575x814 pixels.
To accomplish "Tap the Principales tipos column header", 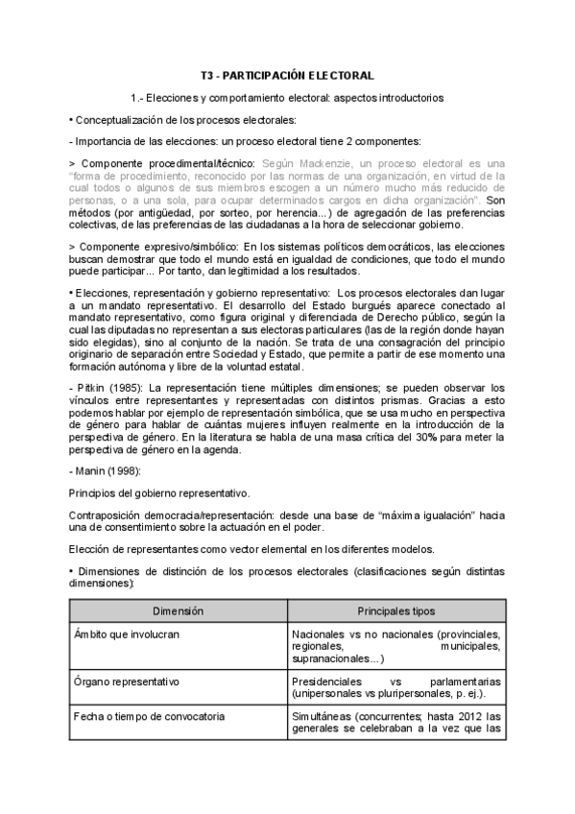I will (x=395, y=610).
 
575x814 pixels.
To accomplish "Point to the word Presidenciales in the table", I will (x=329, y=682).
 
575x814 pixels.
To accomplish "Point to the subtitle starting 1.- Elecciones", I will (x=287, y=97).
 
